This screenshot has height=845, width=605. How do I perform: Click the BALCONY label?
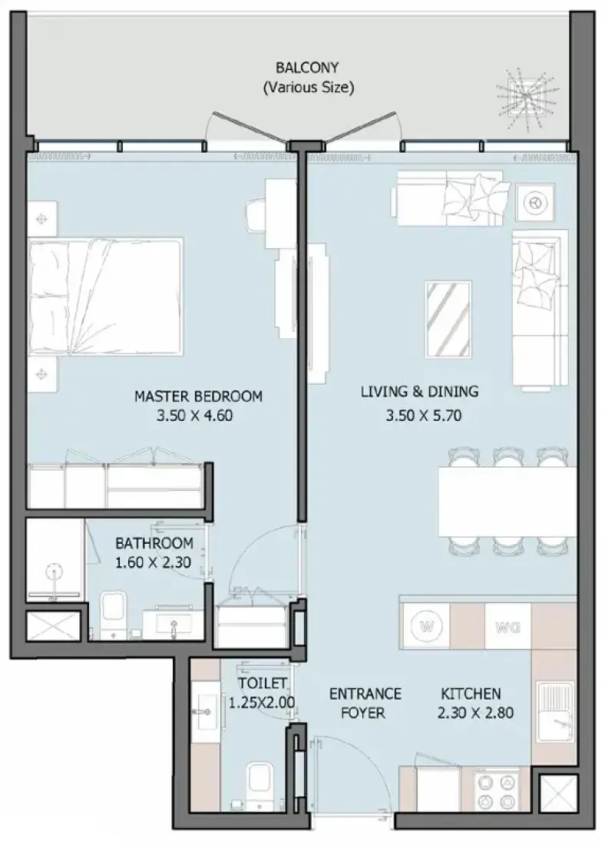(x=307, y=68)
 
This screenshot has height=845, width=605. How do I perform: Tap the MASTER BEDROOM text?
(x=198, y=396)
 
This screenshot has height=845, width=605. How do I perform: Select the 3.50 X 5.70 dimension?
(x=424, y=416)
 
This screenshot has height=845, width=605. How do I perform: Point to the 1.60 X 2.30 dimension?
(x=153, y=562)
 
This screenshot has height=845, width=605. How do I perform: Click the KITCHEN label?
(x=471, y=694)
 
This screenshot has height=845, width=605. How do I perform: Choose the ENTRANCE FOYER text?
(x=365, y=703)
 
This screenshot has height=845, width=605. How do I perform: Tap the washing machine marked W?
(x=427, y=626)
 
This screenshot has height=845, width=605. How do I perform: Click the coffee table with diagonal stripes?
(x=448, y=320)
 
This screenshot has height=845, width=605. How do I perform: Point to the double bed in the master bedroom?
(x=106, y=297)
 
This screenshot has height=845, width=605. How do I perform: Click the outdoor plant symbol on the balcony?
(x=524, y=98)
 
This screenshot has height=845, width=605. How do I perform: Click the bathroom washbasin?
(x=173, y=623)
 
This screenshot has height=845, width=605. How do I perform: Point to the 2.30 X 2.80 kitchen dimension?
(x=475, y=713)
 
